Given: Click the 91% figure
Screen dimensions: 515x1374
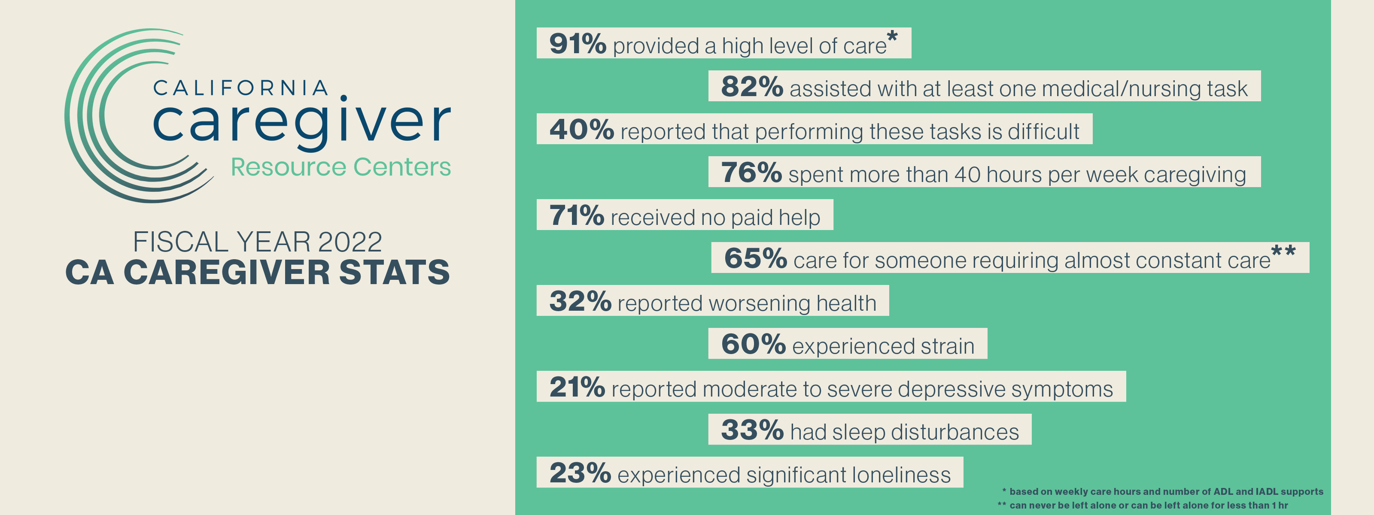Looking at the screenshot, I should click(x=577, y=44).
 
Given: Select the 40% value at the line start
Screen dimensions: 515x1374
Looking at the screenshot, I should click(x=581, y=130).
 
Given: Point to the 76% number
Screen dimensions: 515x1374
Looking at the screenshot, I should click(x=751, y=173).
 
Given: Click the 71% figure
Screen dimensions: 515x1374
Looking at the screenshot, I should click(x=576, y=215).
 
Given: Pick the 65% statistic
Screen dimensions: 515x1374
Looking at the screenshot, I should click(x=755, y=258).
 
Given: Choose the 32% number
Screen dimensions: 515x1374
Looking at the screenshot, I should click(x=580, y=301).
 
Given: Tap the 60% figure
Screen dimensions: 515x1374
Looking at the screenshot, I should click(x=753, y=344).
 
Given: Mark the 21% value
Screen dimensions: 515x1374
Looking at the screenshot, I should click(x=577, y=387).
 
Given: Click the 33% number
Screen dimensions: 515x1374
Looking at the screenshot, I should click(x=752, y=430).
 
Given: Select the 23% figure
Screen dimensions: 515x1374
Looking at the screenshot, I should click(x=580, y=473).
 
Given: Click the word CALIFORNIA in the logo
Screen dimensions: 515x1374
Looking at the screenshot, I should click(x=240, y=88).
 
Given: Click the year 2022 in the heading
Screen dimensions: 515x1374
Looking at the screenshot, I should click(x=350, y=242).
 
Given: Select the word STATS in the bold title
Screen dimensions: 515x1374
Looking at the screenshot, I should click(x=394, y=273).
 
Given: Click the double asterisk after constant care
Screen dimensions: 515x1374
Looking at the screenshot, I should click(x=1283, y=251).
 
